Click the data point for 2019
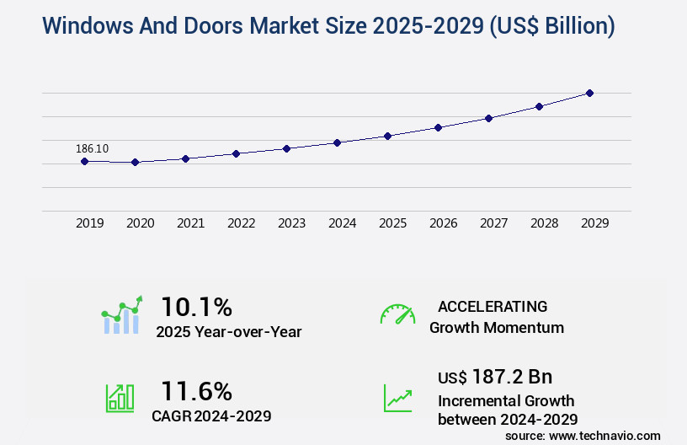tap(84, 161)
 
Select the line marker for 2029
tap(589, 93)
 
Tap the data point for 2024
tap(337, 142)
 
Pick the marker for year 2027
tap(488, 118)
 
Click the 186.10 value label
tap(92, 148)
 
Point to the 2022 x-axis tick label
tap(241, 223)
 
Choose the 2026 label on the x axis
tap(443, 223)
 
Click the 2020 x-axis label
tap(140, 223)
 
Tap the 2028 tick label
tap(544, 223)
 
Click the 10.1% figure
tap(196, 306)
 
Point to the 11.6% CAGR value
tap(196, 390)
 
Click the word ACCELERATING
tap(493, 306)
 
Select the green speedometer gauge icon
tap(397, 314)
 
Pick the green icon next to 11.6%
tap(120, 398)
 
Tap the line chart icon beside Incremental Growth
tap(397, 398)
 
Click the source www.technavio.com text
tap(583, 435)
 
